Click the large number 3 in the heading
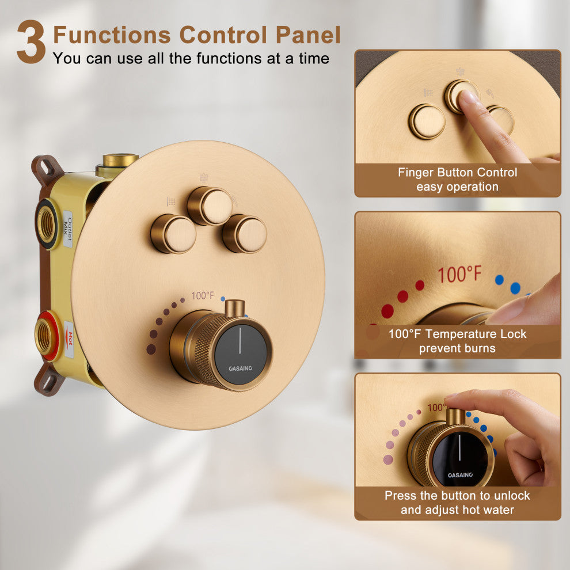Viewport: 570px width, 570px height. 31,42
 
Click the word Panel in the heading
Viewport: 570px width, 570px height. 308,35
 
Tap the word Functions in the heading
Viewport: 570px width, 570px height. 112,35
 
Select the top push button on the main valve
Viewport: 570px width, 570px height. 210,206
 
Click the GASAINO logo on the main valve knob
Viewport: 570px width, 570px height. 240,368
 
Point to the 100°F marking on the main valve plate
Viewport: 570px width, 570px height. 203,295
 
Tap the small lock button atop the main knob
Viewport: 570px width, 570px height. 234,308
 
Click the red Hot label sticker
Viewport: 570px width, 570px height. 69,339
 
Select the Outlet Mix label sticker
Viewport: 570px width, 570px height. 68,229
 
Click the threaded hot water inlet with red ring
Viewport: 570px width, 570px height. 46,335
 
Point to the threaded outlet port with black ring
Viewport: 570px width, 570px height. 47,223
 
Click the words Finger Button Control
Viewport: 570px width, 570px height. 457,172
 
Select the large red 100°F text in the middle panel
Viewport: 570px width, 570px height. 459,275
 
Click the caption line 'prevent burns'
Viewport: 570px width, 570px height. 457,348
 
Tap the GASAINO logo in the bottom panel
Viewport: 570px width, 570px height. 460,475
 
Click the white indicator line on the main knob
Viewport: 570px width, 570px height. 240,340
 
